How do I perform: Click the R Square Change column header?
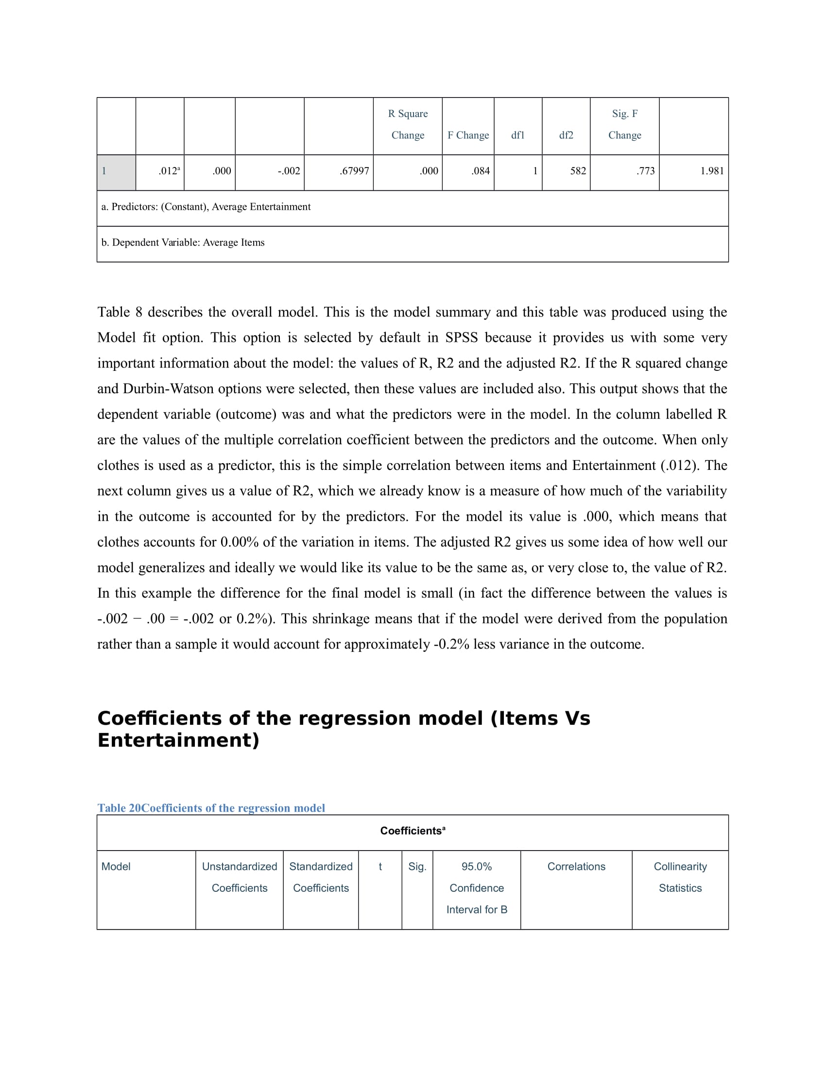[x=408, y=124]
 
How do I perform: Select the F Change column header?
[x=468, y=135]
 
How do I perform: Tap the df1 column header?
[x=518, y=135]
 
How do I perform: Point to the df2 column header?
[x=566, y=135]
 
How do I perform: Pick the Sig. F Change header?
[x=624, y=124]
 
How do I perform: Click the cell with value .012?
[x=169, y=171]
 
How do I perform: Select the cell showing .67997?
[x=354, y=171]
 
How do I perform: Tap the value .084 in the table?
[x=481, y=171]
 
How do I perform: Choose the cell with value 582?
[x=578, y=171]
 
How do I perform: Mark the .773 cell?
[x=645, y=171]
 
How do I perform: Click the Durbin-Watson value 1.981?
[x=711, y=171]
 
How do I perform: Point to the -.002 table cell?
[x=289, y=171]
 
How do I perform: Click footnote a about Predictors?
[x=206, y=207]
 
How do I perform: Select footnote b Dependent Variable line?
[x=183, y=243]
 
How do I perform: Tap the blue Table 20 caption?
[x=211, y=808]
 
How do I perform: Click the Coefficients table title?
[x=412, y=831]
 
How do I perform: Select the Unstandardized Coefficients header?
[x=239, y=877]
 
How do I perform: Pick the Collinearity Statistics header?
[x=680, y=877]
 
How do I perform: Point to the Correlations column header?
[x=576, y=867]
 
